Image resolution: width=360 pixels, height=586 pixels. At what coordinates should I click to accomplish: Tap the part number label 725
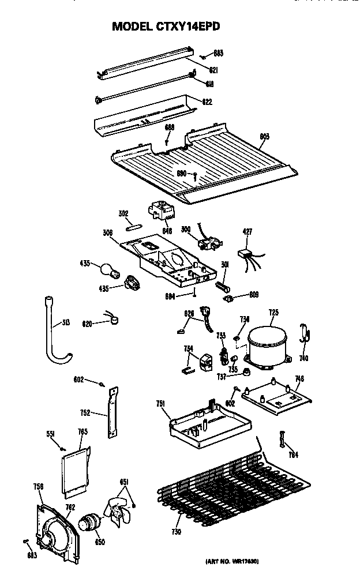click(273, 313)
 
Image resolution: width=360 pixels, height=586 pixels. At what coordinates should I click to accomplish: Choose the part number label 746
click(299, 379)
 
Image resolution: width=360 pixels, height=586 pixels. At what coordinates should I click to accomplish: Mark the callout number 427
click(247, 232)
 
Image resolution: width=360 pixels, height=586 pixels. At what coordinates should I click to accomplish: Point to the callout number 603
click(265, 137)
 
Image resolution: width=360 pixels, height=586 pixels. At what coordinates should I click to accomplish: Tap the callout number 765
click(82, 431)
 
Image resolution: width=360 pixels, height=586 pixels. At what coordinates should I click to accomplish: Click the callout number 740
click(303, 358)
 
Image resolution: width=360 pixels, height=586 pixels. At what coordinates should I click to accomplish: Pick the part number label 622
click(207, 102)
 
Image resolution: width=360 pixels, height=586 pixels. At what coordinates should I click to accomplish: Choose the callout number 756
click(39, 487)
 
